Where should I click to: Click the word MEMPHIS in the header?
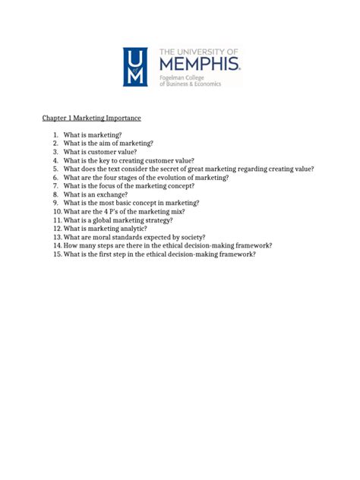click(x=200, y=62)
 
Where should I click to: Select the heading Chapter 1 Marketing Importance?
click(x=91, y=118)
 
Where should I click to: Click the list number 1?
click(x=55, y=135)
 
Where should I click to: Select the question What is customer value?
click(x=99, y=152)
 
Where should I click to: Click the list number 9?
click(x=55, y=203)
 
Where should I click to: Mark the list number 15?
click(x=55, y=254)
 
